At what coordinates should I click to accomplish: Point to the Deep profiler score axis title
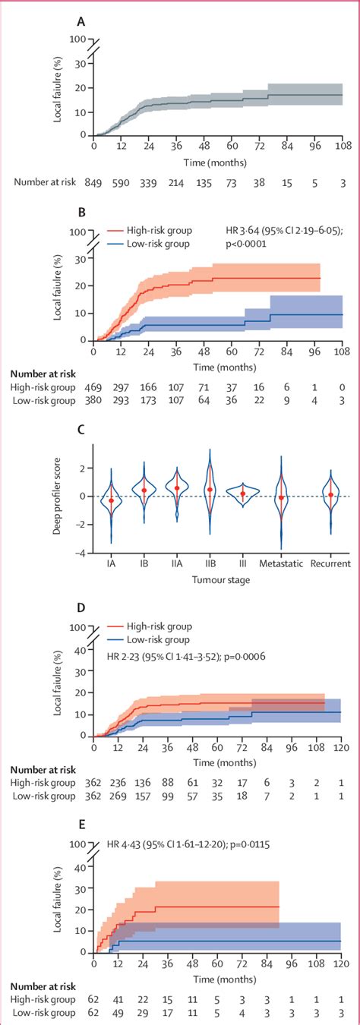(58, 496)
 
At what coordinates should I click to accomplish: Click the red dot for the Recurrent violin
(330, 495)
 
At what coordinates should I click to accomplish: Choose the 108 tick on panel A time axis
(343, 147)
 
